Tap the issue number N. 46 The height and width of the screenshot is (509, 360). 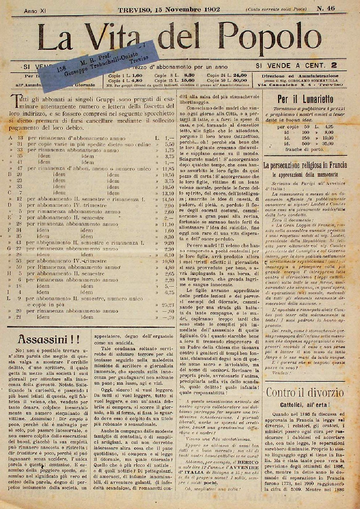(x=326, y=9)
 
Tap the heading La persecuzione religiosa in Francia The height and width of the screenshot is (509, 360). (x=305, y=165)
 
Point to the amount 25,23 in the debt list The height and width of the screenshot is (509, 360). (x=168, y=305)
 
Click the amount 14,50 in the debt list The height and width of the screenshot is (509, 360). (x=168, y=199)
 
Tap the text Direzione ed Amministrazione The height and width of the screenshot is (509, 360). (x=300, y=76)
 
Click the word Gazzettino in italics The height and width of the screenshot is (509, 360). (x=236, y=136)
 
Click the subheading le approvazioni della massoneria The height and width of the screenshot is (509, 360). (x=305, y=174)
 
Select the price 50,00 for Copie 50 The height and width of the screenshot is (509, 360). (x=241, y=80)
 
